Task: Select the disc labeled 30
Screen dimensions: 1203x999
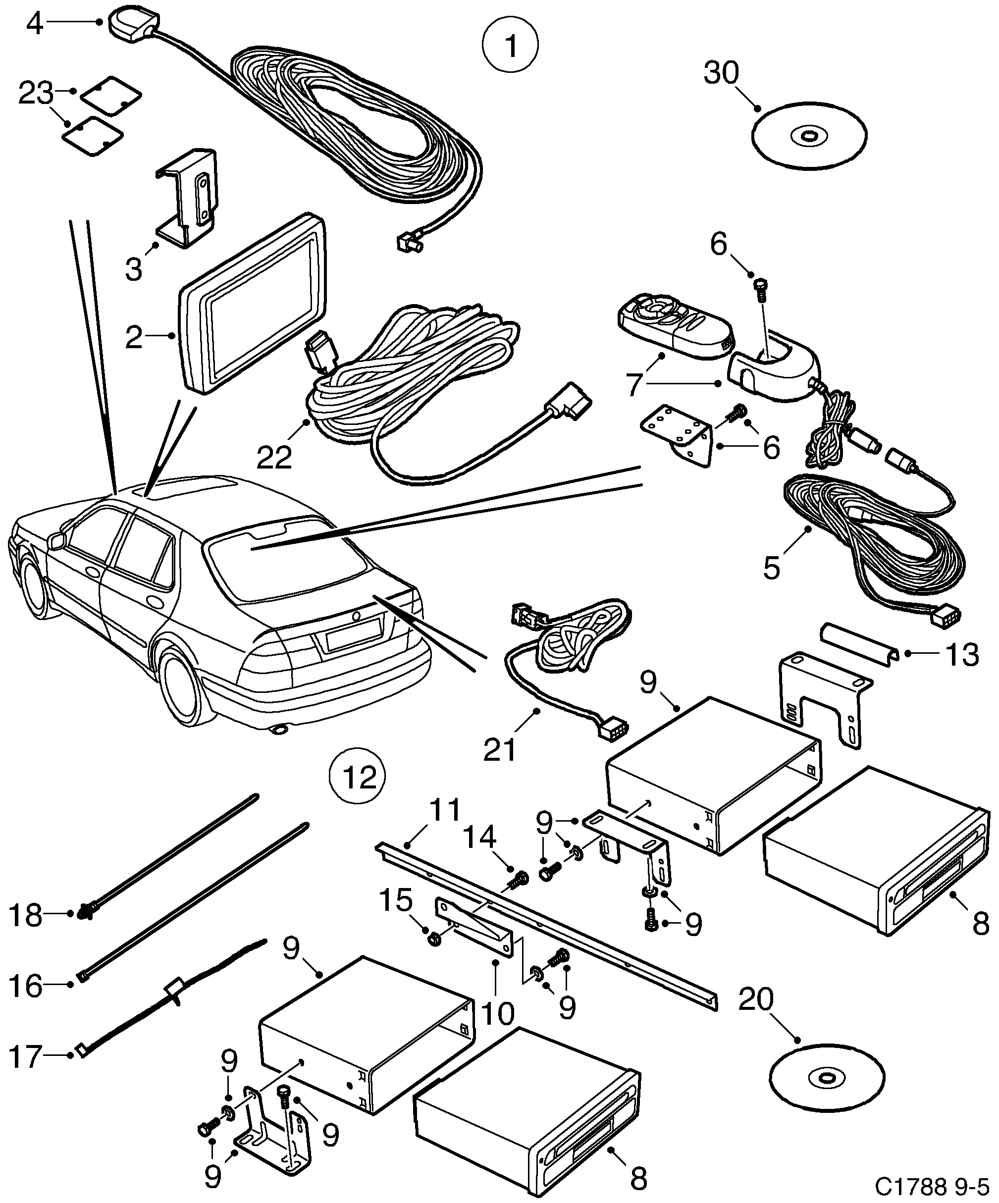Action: (809, 136)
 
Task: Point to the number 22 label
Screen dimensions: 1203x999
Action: (274, 457)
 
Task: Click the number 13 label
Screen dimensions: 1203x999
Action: (962, 654)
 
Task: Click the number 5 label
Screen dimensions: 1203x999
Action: (771, 567)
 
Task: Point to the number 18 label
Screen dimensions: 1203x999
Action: (26, 915)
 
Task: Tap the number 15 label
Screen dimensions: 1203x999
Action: (396, 900)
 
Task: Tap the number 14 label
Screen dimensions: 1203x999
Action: (479, 837)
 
